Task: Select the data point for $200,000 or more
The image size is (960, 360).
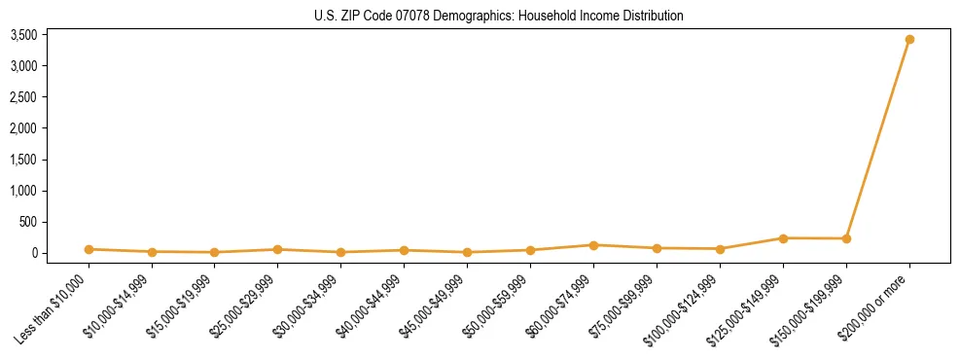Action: click(909, 40)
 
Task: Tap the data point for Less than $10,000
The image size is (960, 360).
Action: click(89, 249)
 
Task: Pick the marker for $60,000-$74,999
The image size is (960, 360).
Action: click(594, 245)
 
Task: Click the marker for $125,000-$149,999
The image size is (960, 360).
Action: click(783, 238)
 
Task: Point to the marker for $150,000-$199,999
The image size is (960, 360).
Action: click(846, 238)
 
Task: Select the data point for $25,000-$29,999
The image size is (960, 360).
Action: click(278, 249)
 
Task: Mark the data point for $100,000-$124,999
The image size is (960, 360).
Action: click(720, 249)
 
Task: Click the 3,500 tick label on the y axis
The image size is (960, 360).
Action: click(23, 35)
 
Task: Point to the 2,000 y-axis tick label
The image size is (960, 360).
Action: click(23, 128)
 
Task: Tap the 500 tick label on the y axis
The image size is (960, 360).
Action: click(28, 222)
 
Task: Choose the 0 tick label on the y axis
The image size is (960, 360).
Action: click(33, 253)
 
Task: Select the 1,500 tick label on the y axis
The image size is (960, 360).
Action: click(23, 160)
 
